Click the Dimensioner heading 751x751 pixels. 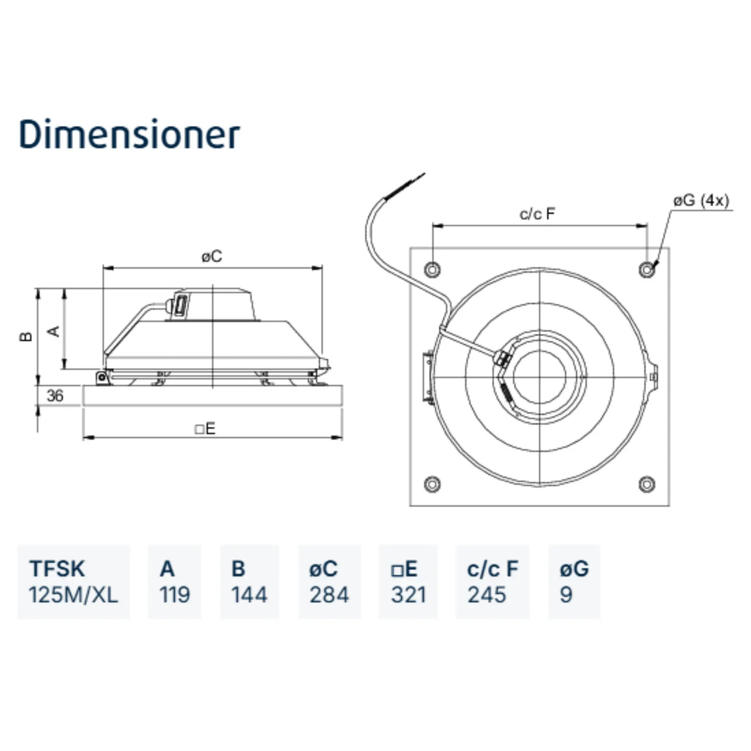[x=129, y=134]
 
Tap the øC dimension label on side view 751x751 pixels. [x=212, y=256]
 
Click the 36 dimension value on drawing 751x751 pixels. [x=55, y=395]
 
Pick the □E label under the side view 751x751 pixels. [x=205, y=429]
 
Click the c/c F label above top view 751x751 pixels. [x=538, y=214]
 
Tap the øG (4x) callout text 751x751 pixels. [x=702, y=200]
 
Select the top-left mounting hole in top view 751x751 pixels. [x=432, y=269]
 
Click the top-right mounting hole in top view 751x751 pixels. [x=647, y=269]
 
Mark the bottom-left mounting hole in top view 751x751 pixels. [x=432, y=484]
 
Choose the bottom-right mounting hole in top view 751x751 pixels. [x=647, y=484]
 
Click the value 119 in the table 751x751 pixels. [x=174, y=595]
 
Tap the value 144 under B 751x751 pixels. [x=249, y=595]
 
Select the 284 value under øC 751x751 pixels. [x=329, y=595]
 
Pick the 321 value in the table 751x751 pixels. [x=408, y=595]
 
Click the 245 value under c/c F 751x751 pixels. [x=487, y=595]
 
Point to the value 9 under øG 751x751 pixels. [x=566, y=595]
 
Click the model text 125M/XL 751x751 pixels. [x=73, y=595]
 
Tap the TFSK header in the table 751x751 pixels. [x=57, y=569]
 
